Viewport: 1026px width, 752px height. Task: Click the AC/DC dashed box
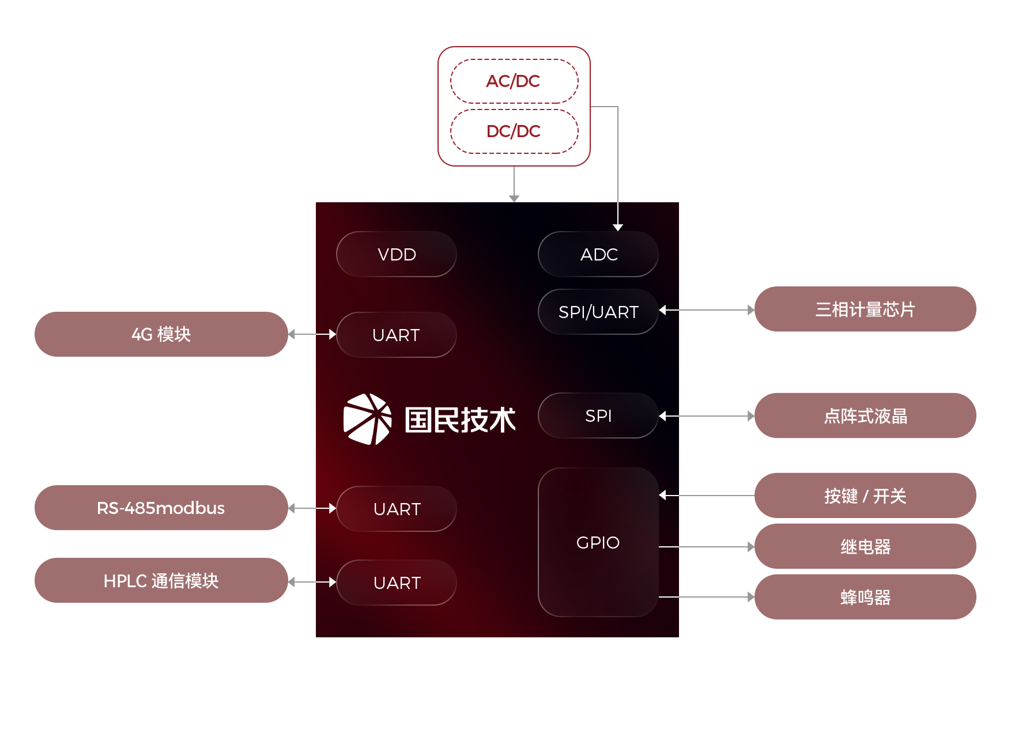514,81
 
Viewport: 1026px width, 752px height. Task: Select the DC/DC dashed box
514,131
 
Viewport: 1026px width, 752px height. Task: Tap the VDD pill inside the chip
397,254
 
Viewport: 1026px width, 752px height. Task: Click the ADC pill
598,254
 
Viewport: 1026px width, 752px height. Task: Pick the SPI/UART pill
598,312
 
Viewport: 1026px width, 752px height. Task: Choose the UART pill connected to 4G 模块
397,335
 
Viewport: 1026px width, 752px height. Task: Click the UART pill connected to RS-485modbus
397,509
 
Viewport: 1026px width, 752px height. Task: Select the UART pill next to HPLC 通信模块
397,583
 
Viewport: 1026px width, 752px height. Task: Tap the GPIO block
598,542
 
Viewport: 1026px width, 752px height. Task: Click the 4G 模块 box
161,334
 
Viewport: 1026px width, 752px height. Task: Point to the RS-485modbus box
161,508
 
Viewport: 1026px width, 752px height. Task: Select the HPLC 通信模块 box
161,580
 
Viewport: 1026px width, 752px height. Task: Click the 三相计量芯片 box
865,309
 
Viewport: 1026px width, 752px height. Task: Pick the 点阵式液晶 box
865,415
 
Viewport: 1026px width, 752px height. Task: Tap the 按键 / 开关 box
865,496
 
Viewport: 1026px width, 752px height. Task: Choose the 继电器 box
865,546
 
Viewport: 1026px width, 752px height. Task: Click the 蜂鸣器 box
865,597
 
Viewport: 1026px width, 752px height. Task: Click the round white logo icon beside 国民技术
367,419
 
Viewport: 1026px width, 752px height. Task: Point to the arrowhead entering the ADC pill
618,227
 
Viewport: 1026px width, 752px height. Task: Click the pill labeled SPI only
598,415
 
